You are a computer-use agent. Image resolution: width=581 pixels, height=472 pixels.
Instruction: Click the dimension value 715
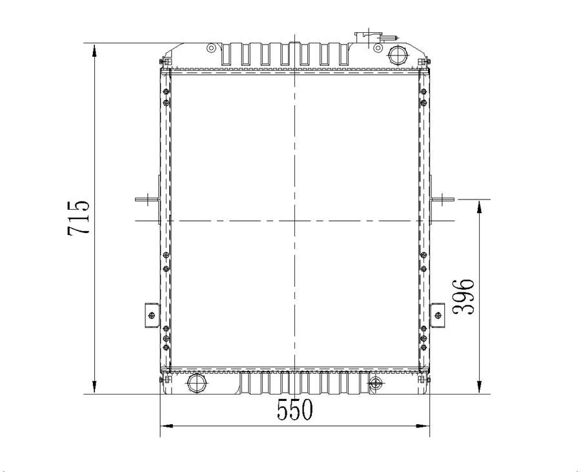pos(79,218)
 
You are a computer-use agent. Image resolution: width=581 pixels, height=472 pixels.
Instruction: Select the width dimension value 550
pos(295,409)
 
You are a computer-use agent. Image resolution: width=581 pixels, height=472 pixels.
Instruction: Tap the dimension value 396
pos(464,296)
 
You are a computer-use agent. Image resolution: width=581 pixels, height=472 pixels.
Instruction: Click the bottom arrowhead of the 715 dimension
pos(95,386)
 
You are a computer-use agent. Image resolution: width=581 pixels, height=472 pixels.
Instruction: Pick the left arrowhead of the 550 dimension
pos(167,426)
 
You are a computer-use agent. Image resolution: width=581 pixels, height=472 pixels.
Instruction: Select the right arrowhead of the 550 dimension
pos(422,426)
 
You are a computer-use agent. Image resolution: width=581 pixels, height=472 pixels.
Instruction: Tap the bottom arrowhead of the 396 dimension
pos(480,386)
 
